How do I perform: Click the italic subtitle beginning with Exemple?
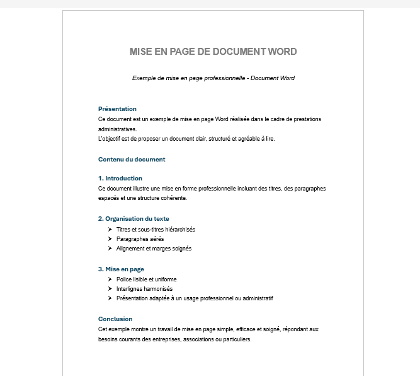(213, 78)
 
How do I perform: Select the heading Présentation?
(117, 109)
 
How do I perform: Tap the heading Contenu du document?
(132, 160)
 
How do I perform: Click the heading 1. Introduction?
(120, 179)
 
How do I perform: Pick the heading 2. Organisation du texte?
(133, 219)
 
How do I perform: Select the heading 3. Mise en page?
(121, 269)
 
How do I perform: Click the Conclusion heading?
(115, 319)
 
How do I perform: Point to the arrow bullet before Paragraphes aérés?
(110, 239)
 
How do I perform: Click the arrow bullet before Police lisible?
(110, 279)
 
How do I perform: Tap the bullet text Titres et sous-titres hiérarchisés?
(156, 230)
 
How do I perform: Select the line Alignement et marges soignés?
(154, 249)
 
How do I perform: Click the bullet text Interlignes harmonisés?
(144, 289)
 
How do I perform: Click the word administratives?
(117, 129)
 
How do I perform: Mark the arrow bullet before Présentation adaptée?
(110, 298)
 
